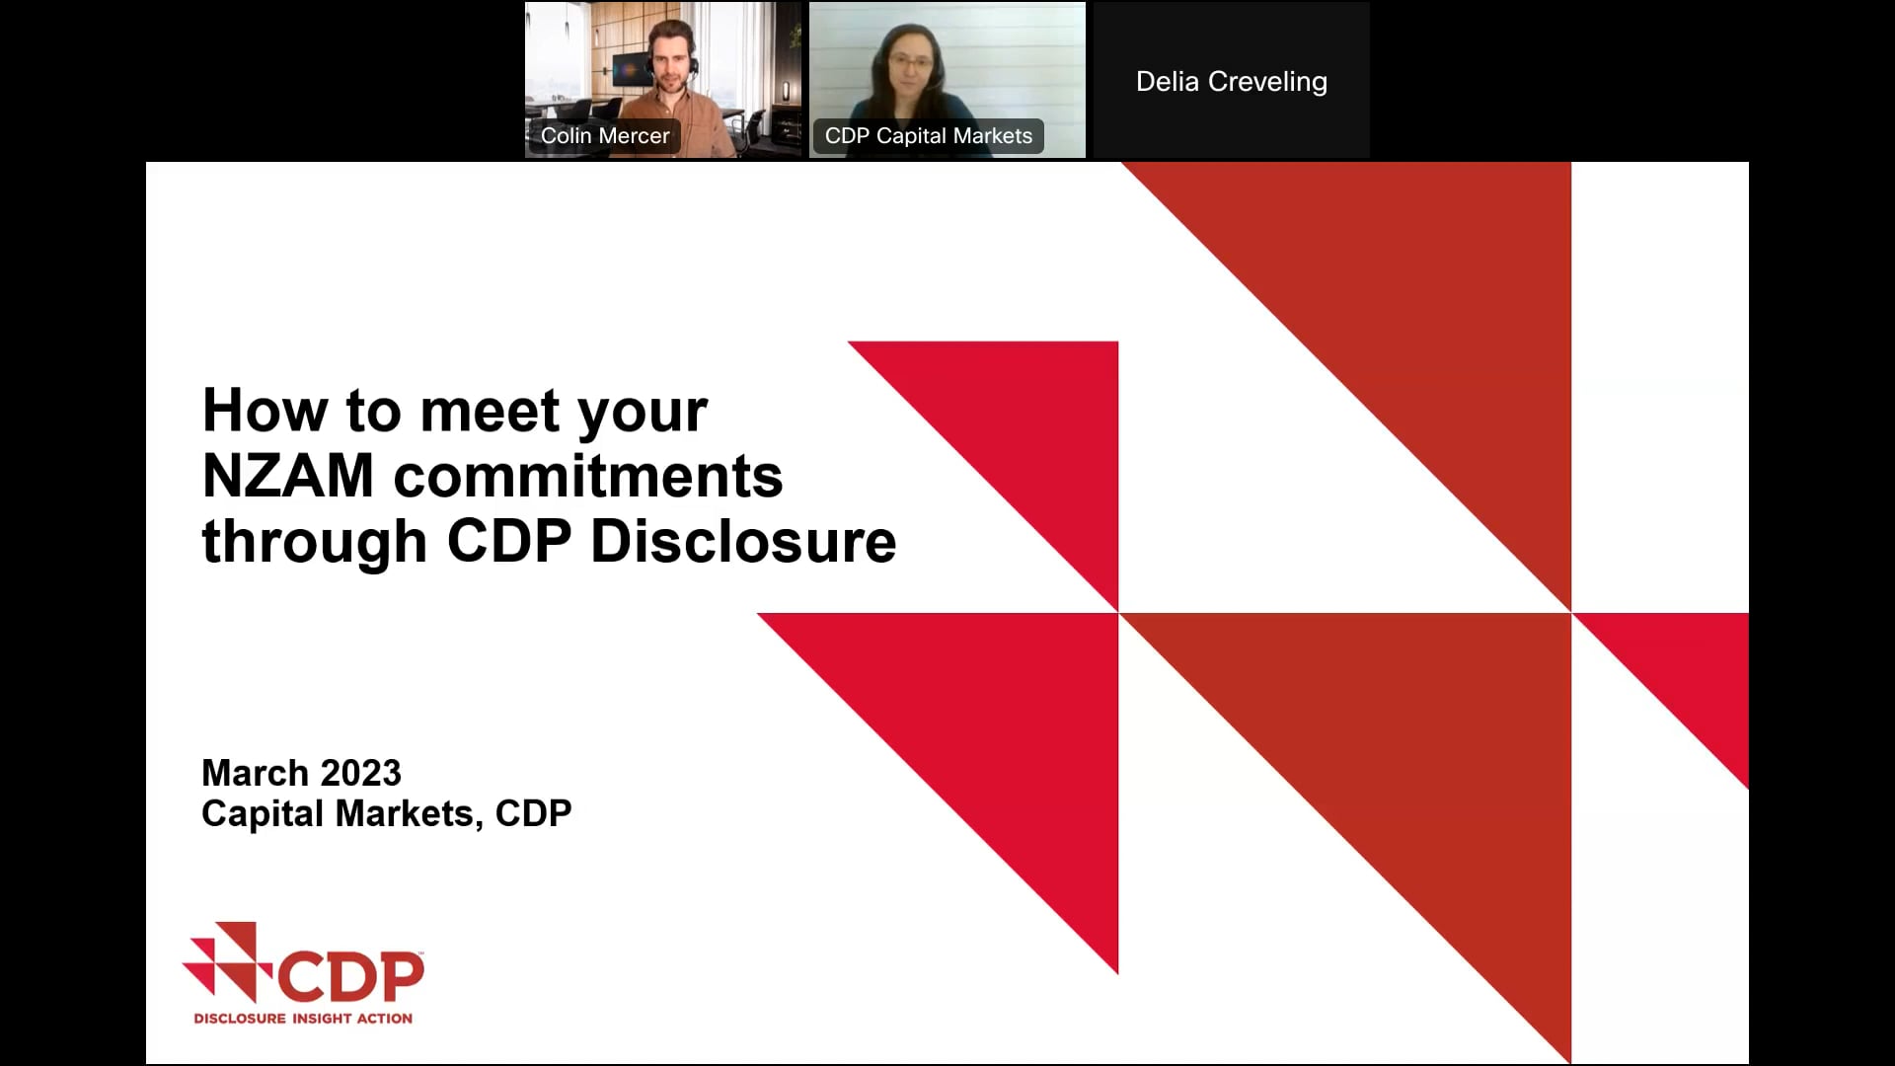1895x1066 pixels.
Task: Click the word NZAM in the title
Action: click(288, 477)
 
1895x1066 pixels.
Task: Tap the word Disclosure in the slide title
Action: click(743, 542)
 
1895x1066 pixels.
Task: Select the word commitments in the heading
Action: click(588, 477)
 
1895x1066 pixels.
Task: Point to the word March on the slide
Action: click(255, 773)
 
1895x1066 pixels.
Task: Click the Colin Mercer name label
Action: click(604, 136)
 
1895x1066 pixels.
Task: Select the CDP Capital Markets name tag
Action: click(928, 136)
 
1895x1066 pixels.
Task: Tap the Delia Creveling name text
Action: click(1231, 82)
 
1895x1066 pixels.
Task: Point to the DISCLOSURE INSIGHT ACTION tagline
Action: click(303, 1019)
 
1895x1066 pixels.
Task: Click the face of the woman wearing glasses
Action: click(910, 64)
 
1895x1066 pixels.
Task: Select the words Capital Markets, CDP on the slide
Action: click(386, 814)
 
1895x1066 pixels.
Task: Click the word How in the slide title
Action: click(265, 411)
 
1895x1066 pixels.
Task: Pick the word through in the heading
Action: click(314, 542)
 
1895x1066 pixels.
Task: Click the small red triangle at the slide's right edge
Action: click(1693, 671)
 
